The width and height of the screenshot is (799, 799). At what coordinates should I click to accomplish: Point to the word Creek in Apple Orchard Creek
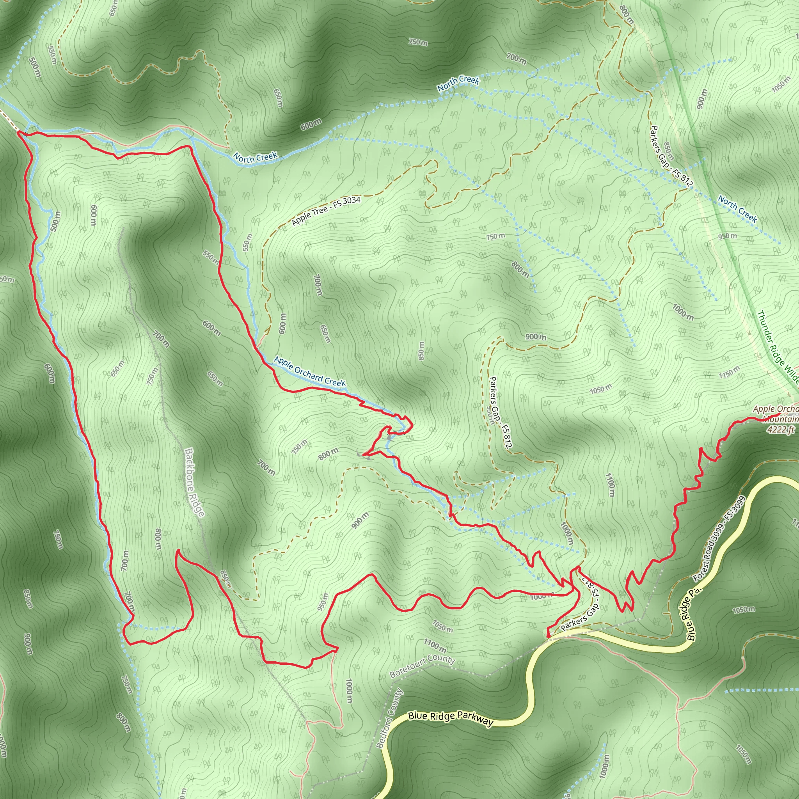point(335,383)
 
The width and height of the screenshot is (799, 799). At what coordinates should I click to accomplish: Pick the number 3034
point(351,201)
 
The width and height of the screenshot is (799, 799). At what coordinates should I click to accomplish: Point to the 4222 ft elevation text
point(780,430)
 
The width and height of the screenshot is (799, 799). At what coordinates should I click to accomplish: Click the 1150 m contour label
point(728,372)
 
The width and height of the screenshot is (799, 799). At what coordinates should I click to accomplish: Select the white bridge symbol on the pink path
point(91,133)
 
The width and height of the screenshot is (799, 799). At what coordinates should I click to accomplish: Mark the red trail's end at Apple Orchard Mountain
point(779,414)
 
